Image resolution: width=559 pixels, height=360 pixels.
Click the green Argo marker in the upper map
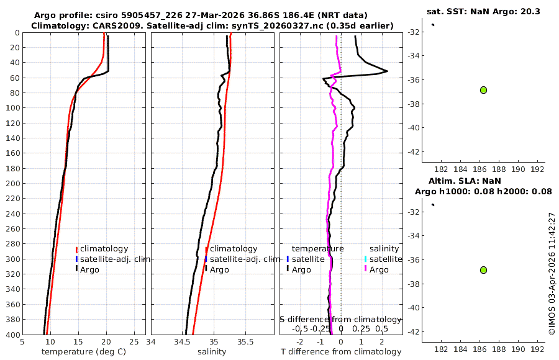coord(483,90)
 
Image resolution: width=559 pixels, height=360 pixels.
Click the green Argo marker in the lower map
coord(483,270)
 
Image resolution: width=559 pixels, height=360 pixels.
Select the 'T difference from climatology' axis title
coord(341,352)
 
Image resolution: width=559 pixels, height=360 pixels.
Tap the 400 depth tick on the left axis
coord(12,335)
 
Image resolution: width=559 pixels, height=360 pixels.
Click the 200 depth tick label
coord(12,183)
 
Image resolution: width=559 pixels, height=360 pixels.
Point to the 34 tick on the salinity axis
coord(151,341)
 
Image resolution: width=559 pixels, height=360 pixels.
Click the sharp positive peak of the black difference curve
coord(388,71)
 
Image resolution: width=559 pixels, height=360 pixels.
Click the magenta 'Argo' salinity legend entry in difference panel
coord(378,269)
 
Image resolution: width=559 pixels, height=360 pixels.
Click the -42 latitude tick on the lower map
coord(411,332)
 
